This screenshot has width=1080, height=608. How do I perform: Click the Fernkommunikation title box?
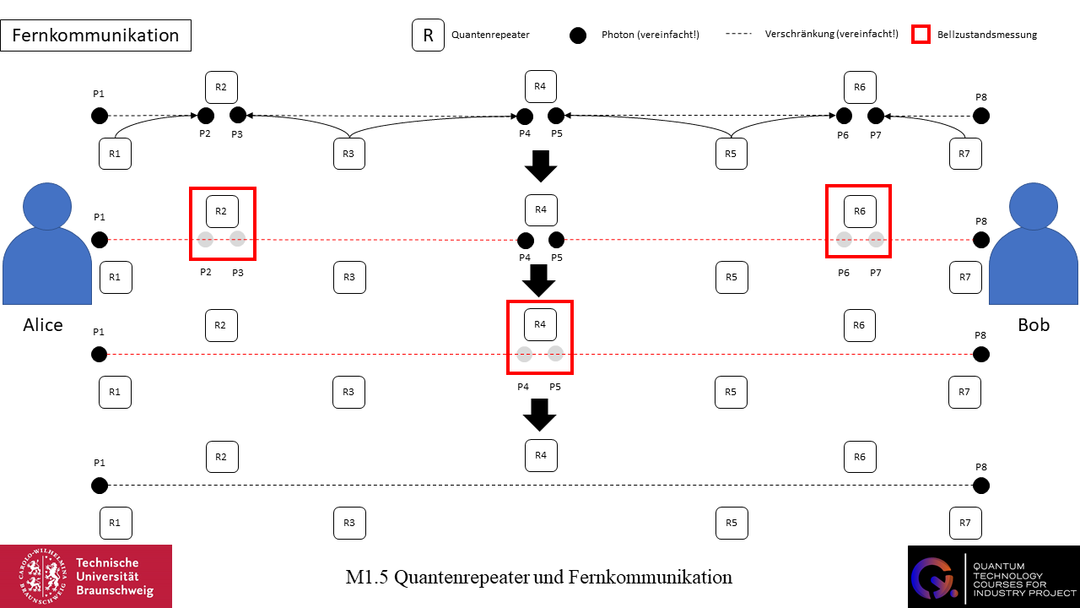(95, 35)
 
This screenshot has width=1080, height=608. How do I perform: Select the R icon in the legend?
(428, 35)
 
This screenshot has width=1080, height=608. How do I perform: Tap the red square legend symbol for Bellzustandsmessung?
(921, 35)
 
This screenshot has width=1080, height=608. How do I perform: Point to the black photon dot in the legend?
(578, 35)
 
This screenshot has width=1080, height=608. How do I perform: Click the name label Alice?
(43, 325)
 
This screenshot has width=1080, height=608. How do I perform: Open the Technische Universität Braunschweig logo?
(86, 576)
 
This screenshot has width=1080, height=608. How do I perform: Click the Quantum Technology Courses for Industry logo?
(993, 576)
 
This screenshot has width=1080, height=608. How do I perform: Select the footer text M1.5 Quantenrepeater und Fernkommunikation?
(538, 578)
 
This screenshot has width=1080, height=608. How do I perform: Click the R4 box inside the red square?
(540, 324)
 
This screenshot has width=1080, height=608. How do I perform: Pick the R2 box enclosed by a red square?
(222, 211)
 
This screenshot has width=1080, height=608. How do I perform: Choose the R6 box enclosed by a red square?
(860, 211)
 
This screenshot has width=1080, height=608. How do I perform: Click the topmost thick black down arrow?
(541, 166)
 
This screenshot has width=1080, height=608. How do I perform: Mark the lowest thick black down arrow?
(540, 415)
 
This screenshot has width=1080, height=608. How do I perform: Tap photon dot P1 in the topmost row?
(100, 116)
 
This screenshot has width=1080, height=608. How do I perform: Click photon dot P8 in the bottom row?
(980, 486)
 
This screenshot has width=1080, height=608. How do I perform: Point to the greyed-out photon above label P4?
(525, 355)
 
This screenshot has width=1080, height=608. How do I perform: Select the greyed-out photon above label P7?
(876, 239)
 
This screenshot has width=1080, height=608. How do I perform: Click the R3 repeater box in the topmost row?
(349, 154)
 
